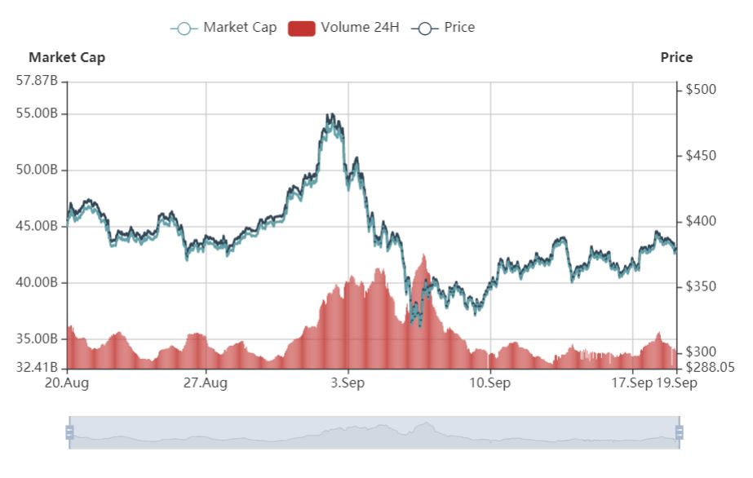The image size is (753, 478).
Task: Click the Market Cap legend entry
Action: tap(224, 28)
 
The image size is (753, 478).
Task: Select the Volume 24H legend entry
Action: tap(344, 28)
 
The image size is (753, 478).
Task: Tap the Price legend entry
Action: tap(445, 28)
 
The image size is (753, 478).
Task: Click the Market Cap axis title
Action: tap(67, 57)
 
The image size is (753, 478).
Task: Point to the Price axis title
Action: tap(676, 57)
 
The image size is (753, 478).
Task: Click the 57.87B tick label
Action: tap(37, 81)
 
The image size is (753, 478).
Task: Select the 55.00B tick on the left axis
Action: tap(38, 113)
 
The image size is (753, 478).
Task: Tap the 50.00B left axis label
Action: tap(38, 170)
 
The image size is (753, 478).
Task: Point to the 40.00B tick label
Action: tap(38, 282)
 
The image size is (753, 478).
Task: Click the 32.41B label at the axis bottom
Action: tap(38, 367)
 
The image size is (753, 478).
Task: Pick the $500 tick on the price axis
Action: tap(702, 90)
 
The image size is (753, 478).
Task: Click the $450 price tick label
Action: tap(702, 156)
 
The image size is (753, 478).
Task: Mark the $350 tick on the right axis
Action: tap(702, 286)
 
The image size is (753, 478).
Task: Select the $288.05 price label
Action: tap(710, 367)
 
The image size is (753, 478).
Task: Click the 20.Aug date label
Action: tap(67, 383)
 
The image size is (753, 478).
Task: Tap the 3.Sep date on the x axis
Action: tap(348, 383)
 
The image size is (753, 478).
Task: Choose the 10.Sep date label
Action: tap(490, 383)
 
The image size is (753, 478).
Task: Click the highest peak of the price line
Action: tap(329, 115)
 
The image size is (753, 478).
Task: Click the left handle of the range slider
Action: tap(69, 432)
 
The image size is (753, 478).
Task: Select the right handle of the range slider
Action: tap(679, 432)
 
